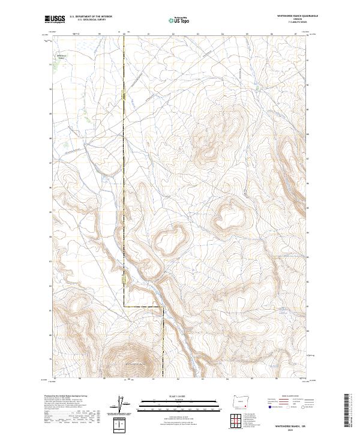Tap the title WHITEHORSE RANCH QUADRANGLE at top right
(x=284, y=16)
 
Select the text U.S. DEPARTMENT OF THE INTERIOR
(x=91, y=16)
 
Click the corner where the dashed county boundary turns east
(x=125, y=306)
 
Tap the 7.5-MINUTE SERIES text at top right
(x=284, y=23)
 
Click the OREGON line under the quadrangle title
(x=284, y=19)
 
